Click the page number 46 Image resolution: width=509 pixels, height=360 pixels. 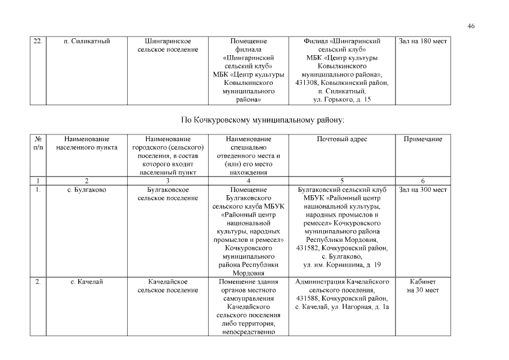pyautogui.click(x=471, y=26)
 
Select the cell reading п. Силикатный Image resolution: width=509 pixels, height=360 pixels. pyautogui.click(x=87, y=41)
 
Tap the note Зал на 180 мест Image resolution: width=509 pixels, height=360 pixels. pyautogui.click(x=422, y=41)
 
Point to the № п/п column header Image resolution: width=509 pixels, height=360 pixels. pyautogui.click(x=38, y=143)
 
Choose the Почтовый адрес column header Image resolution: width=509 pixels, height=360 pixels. pyautogui.click(x=342, y=139)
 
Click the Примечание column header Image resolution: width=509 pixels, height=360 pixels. pyautogui.click(x=422, y=139)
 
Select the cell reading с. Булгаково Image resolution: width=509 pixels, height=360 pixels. pyautogui.click(x=87, y=190)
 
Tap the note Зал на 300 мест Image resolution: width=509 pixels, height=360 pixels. pyautogui.click(x=422, y=190)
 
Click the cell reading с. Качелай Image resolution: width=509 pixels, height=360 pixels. pyautogui.click(x=87, y=281)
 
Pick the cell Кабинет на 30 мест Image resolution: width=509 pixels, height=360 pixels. pyautogui.click(x=422, y=286)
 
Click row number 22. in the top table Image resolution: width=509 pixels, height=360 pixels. pyautogui.click(x=38, y=41)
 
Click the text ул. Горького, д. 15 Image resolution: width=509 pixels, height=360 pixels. pyautogui.click(x=342, y=100)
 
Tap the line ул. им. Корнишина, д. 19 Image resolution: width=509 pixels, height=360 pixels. pyautogui.click(x=342, y=265)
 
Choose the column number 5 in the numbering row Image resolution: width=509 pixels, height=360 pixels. pyautogui.click(x=342, y=181)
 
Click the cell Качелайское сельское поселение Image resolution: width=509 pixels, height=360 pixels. pyautogui.click(x=168, y=286)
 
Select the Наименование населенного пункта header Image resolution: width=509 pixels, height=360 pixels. pyautogui.click(x=87, y=143)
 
